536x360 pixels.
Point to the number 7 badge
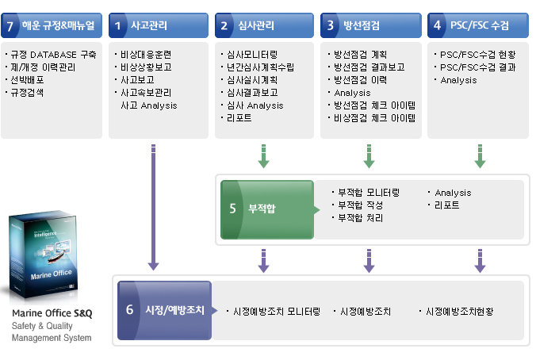pos(10,25)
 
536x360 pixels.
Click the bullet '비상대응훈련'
pos(144,55)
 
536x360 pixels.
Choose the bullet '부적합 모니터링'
pos(368,193)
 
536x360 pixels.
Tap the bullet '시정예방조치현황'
pos(459,312)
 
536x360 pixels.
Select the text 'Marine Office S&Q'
pos(52,313)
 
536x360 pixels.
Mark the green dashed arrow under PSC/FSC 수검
pos(480,155)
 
